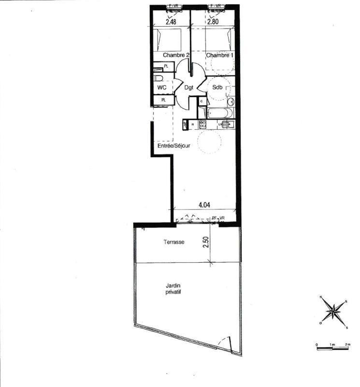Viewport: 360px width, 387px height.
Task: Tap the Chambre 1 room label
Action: pos(220,56)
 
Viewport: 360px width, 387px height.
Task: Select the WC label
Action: pos(162,88)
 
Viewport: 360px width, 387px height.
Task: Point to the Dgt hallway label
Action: pos(189,88)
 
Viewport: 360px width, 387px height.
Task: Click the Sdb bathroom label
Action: pos(217,87)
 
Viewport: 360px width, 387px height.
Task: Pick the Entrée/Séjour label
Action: pos(173,145)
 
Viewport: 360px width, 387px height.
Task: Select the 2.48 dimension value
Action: pos(171,22)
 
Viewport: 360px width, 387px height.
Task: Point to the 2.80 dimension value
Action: pos(214,22)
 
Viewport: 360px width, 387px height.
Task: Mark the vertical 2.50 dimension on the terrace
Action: pos(205,242)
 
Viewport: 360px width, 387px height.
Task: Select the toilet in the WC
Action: pos(158,79)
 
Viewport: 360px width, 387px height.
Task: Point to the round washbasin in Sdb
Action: pos(230,102)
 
